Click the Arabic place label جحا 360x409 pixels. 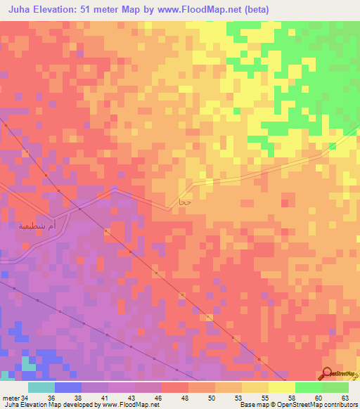click(x=185, y=202)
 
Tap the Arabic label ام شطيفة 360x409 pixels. click(x=38, y=226)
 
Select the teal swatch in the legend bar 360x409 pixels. click(x=41, y=387)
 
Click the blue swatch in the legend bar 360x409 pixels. click(x=67, y=387)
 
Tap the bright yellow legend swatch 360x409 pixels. click(x=281, y=387)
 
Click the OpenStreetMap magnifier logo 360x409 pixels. click(x=327, y=373)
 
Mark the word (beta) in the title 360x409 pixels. click(x=257, y=9)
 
